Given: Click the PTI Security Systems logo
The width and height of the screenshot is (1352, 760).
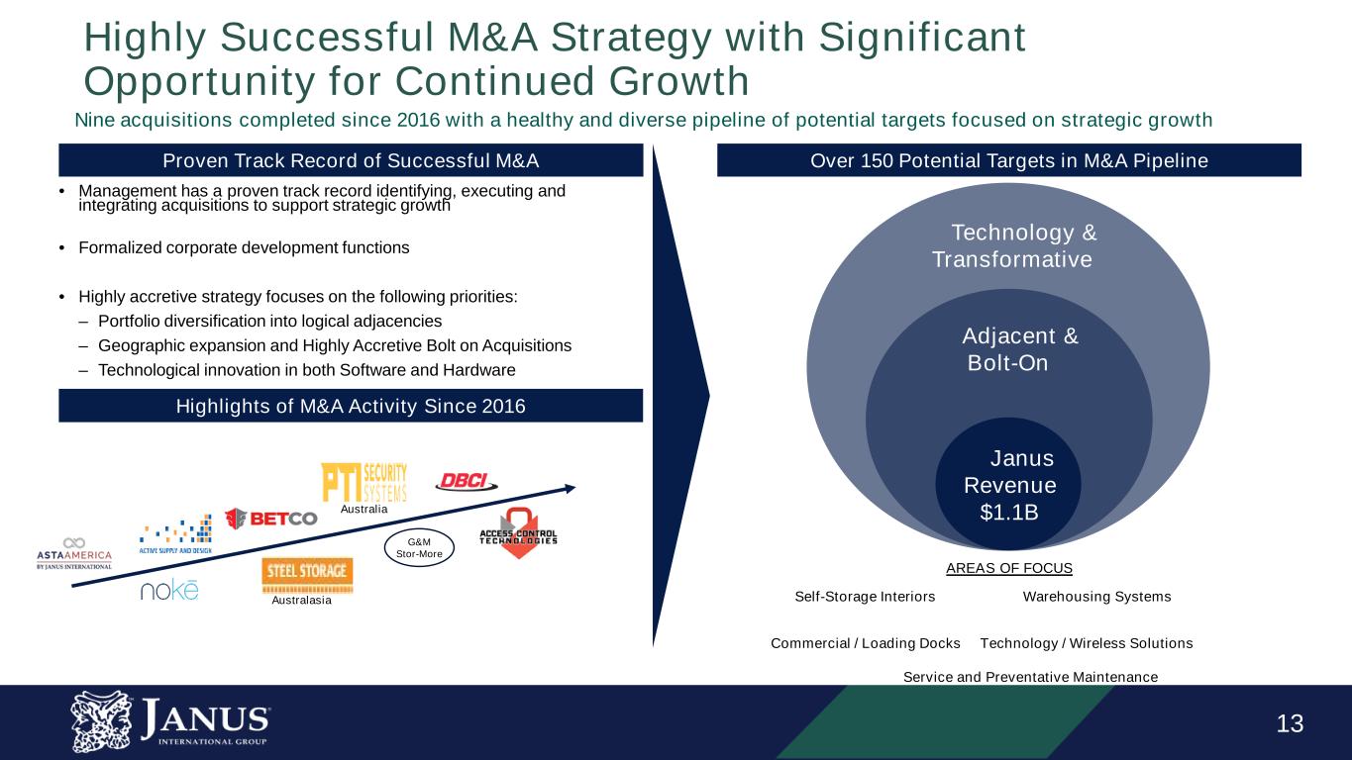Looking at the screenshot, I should pos(364,483).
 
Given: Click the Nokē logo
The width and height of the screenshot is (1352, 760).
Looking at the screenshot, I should pos(168,591).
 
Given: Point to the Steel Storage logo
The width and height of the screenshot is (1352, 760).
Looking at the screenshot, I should pos(307,572).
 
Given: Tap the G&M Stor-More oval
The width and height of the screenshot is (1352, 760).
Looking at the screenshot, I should pos(419,547).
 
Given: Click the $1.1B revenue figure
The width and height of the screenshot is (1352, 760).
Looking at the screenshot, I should pos(1009,512).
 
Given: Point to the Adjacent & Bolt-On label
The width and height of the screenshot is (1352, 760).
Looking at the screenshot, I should pos(1019,349).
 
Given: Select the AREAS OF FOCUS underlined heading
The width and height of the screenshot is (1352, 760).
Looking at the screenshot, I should pos(1008,568).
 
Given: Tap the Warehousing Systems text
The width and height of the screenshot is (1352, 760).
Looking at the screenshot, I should pos(1096,597).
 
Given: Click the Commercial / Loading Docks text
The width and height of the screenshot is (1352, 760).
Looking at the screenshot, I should pos(865,643).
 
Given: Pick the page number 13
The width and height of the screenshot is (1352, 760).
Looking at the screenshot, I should pos(1290,724).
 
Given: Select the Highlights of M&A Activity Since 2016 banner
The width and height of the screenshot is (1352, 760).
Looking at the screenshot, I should pos(351,406).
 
